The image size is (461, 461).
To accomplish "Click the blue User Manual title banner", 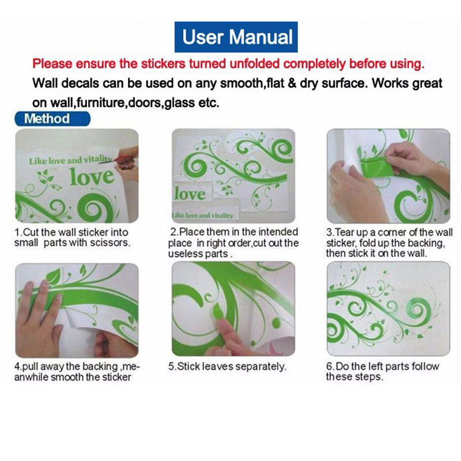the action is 236,37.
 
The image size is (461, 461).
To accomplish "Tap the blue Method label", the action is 52,119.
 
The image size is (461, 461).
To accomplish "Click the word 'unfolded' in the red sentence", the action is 255,64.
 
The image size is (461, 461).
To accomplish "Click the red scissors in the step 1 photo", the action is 123,159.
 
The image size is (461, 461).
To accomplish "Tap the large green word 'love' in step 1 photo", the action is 92,176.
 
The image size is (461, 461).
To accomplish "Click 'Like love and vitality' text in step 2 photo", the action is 203,216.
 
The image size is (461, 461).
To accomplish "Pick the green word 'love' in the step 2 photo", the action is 190,194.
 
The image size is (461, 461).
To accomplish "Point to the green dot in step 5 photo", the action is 276,323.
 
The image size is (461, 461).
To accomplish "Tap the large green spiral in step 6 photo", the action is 418,312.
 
